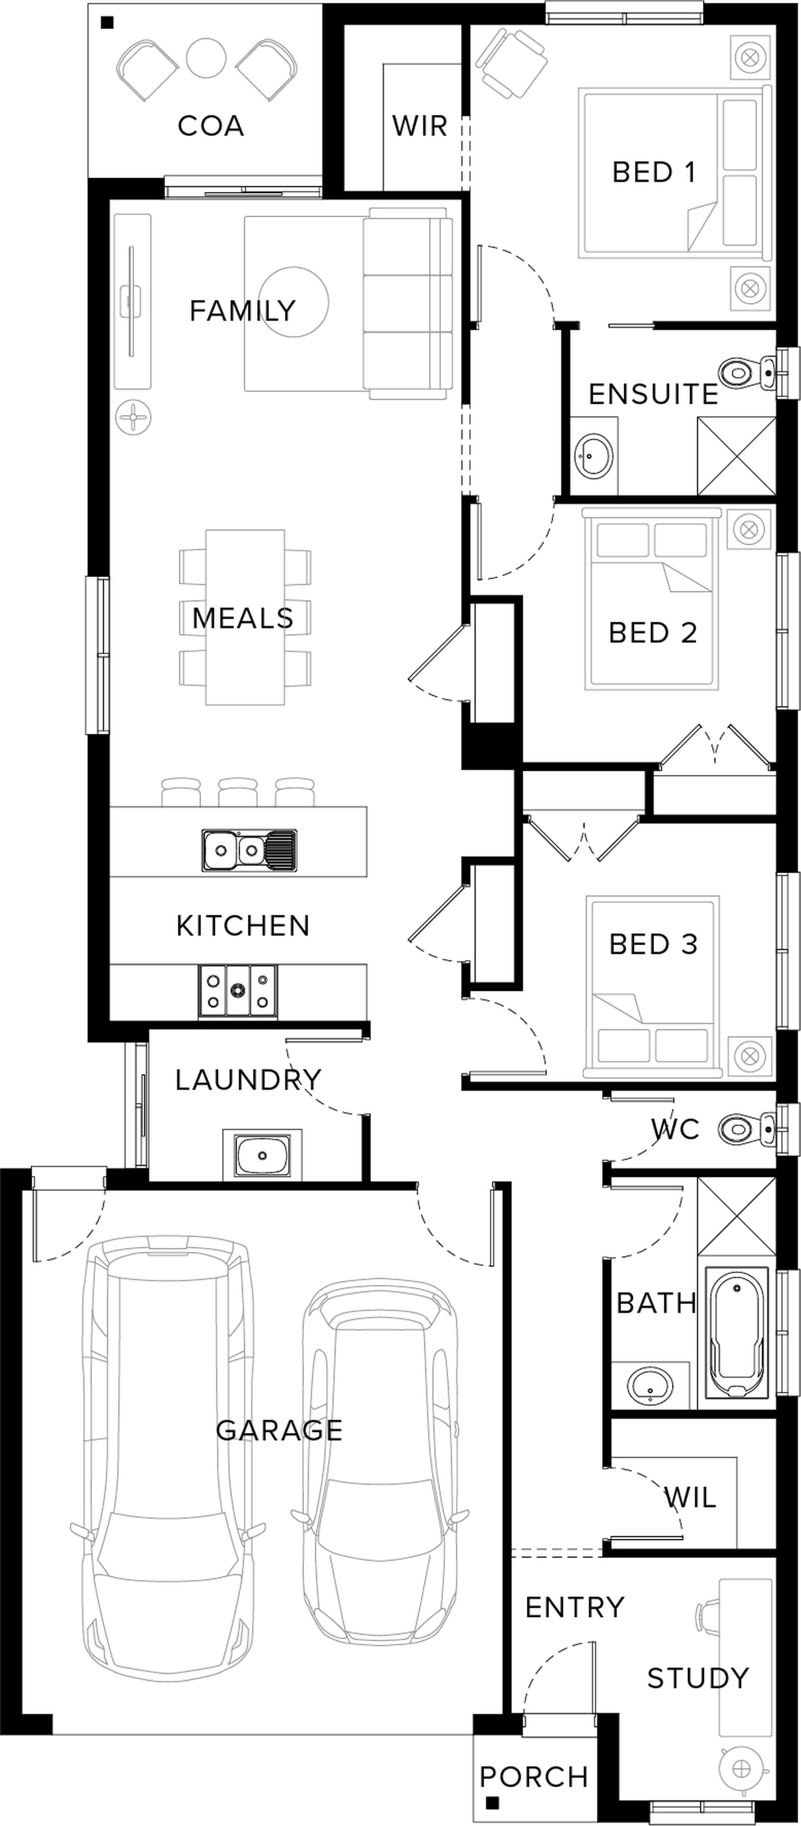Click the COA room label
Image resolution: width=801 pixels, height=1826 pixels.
coord(211,126)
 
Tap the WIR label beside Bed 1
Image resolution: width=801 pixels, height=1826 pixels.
coord(420,126)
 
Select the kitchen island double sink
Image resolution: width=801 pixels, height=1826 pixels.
coord(249,850)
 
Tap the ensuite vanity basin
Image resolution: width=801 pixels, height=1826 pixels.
coord(594,454)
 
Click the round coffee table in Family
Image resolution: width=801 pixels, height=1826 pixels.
coord(294,302)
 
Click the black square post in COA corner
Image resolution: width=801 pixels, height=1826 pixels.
coord(107,23)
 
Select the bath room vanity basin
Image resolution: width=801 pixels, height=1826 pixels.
coord(650,1385)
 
